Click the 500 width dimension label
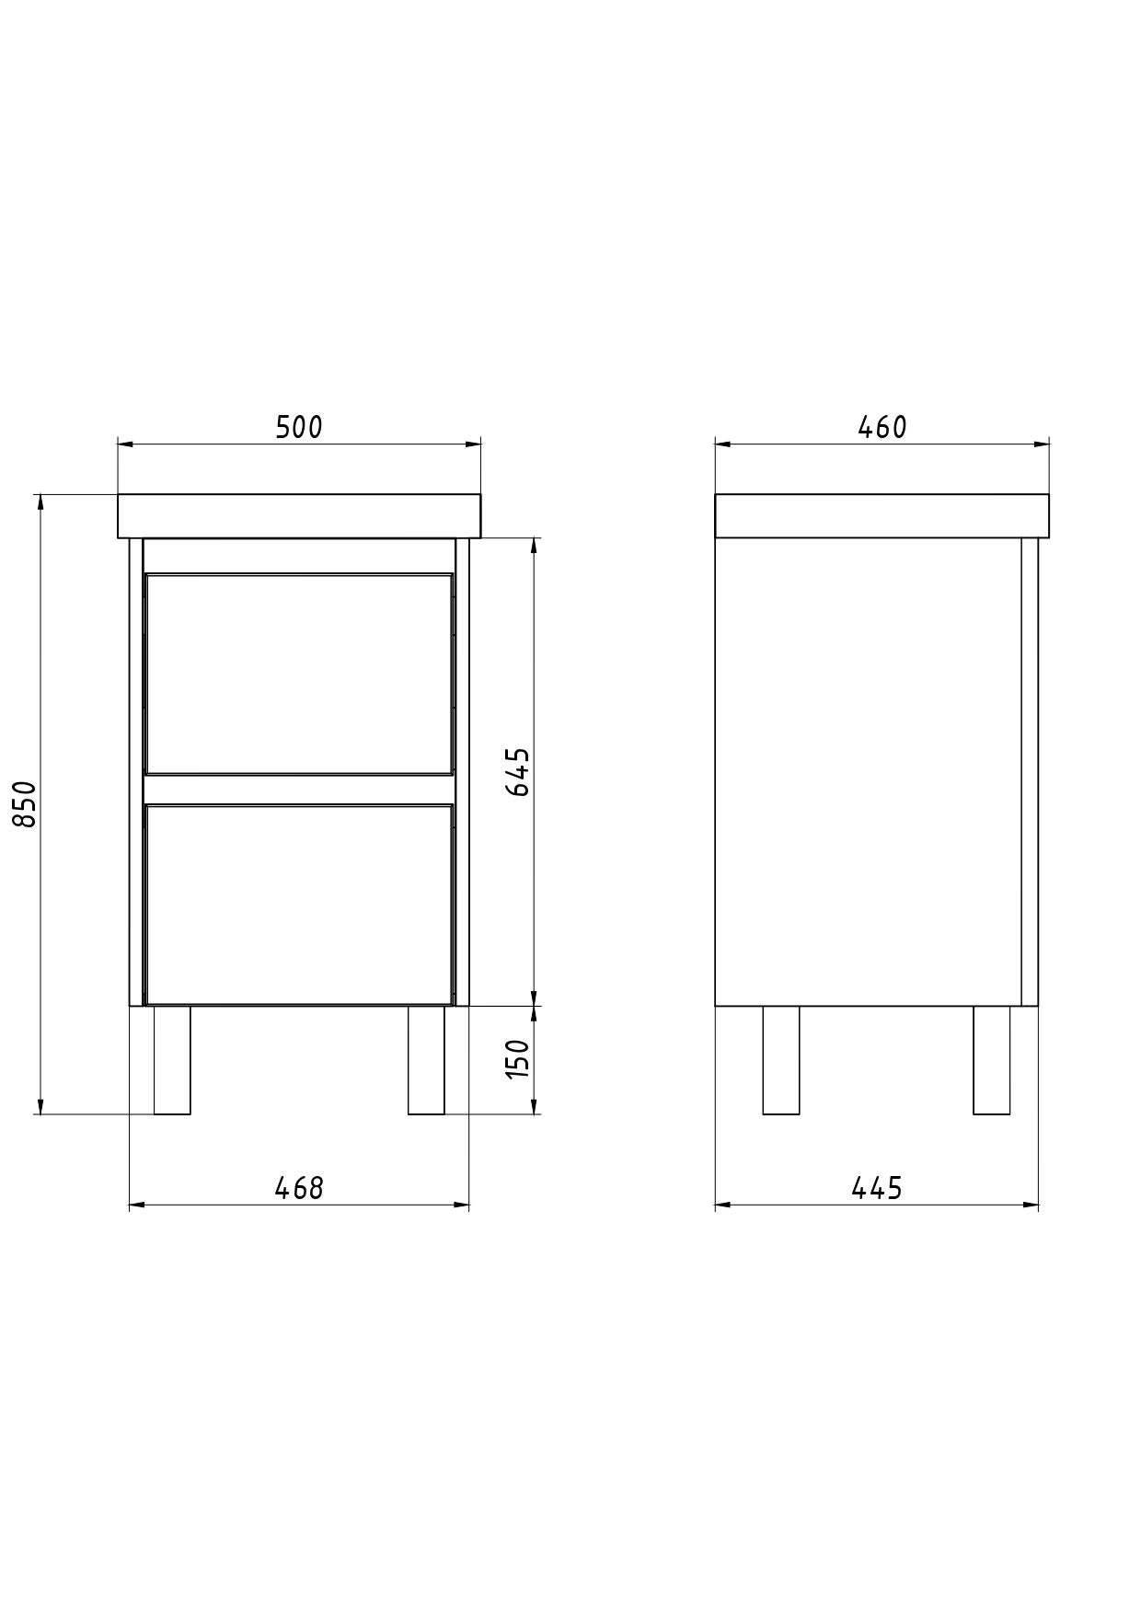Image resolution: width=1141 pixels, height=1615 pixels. [x=299, y=427]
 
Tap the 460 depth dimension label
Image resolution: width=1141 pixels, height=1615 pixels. [x=882, y=427]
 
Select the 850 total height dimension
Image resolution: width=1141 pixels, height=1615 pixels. [x=27, y=803]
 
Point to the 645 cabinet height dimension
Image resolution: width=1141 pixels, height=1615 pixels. [x=519, y=771]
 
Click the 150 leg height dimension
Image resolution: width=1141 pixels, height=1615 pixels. [x=519, y=1058]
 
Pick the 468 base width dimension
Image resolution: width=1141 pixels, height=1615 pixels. [x=299, y=1188]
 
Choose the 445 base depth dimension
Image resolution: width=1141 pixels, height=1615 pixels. [x=876, y=1188]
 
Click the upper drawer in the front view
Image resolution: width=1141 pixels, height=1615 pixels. [x=299, y=674]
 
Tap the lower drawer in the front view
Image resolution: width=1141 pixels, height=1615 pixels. [x=299, y=904]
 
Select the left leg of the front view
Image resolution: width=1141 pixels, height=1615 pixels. [x=172, y=1060]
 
